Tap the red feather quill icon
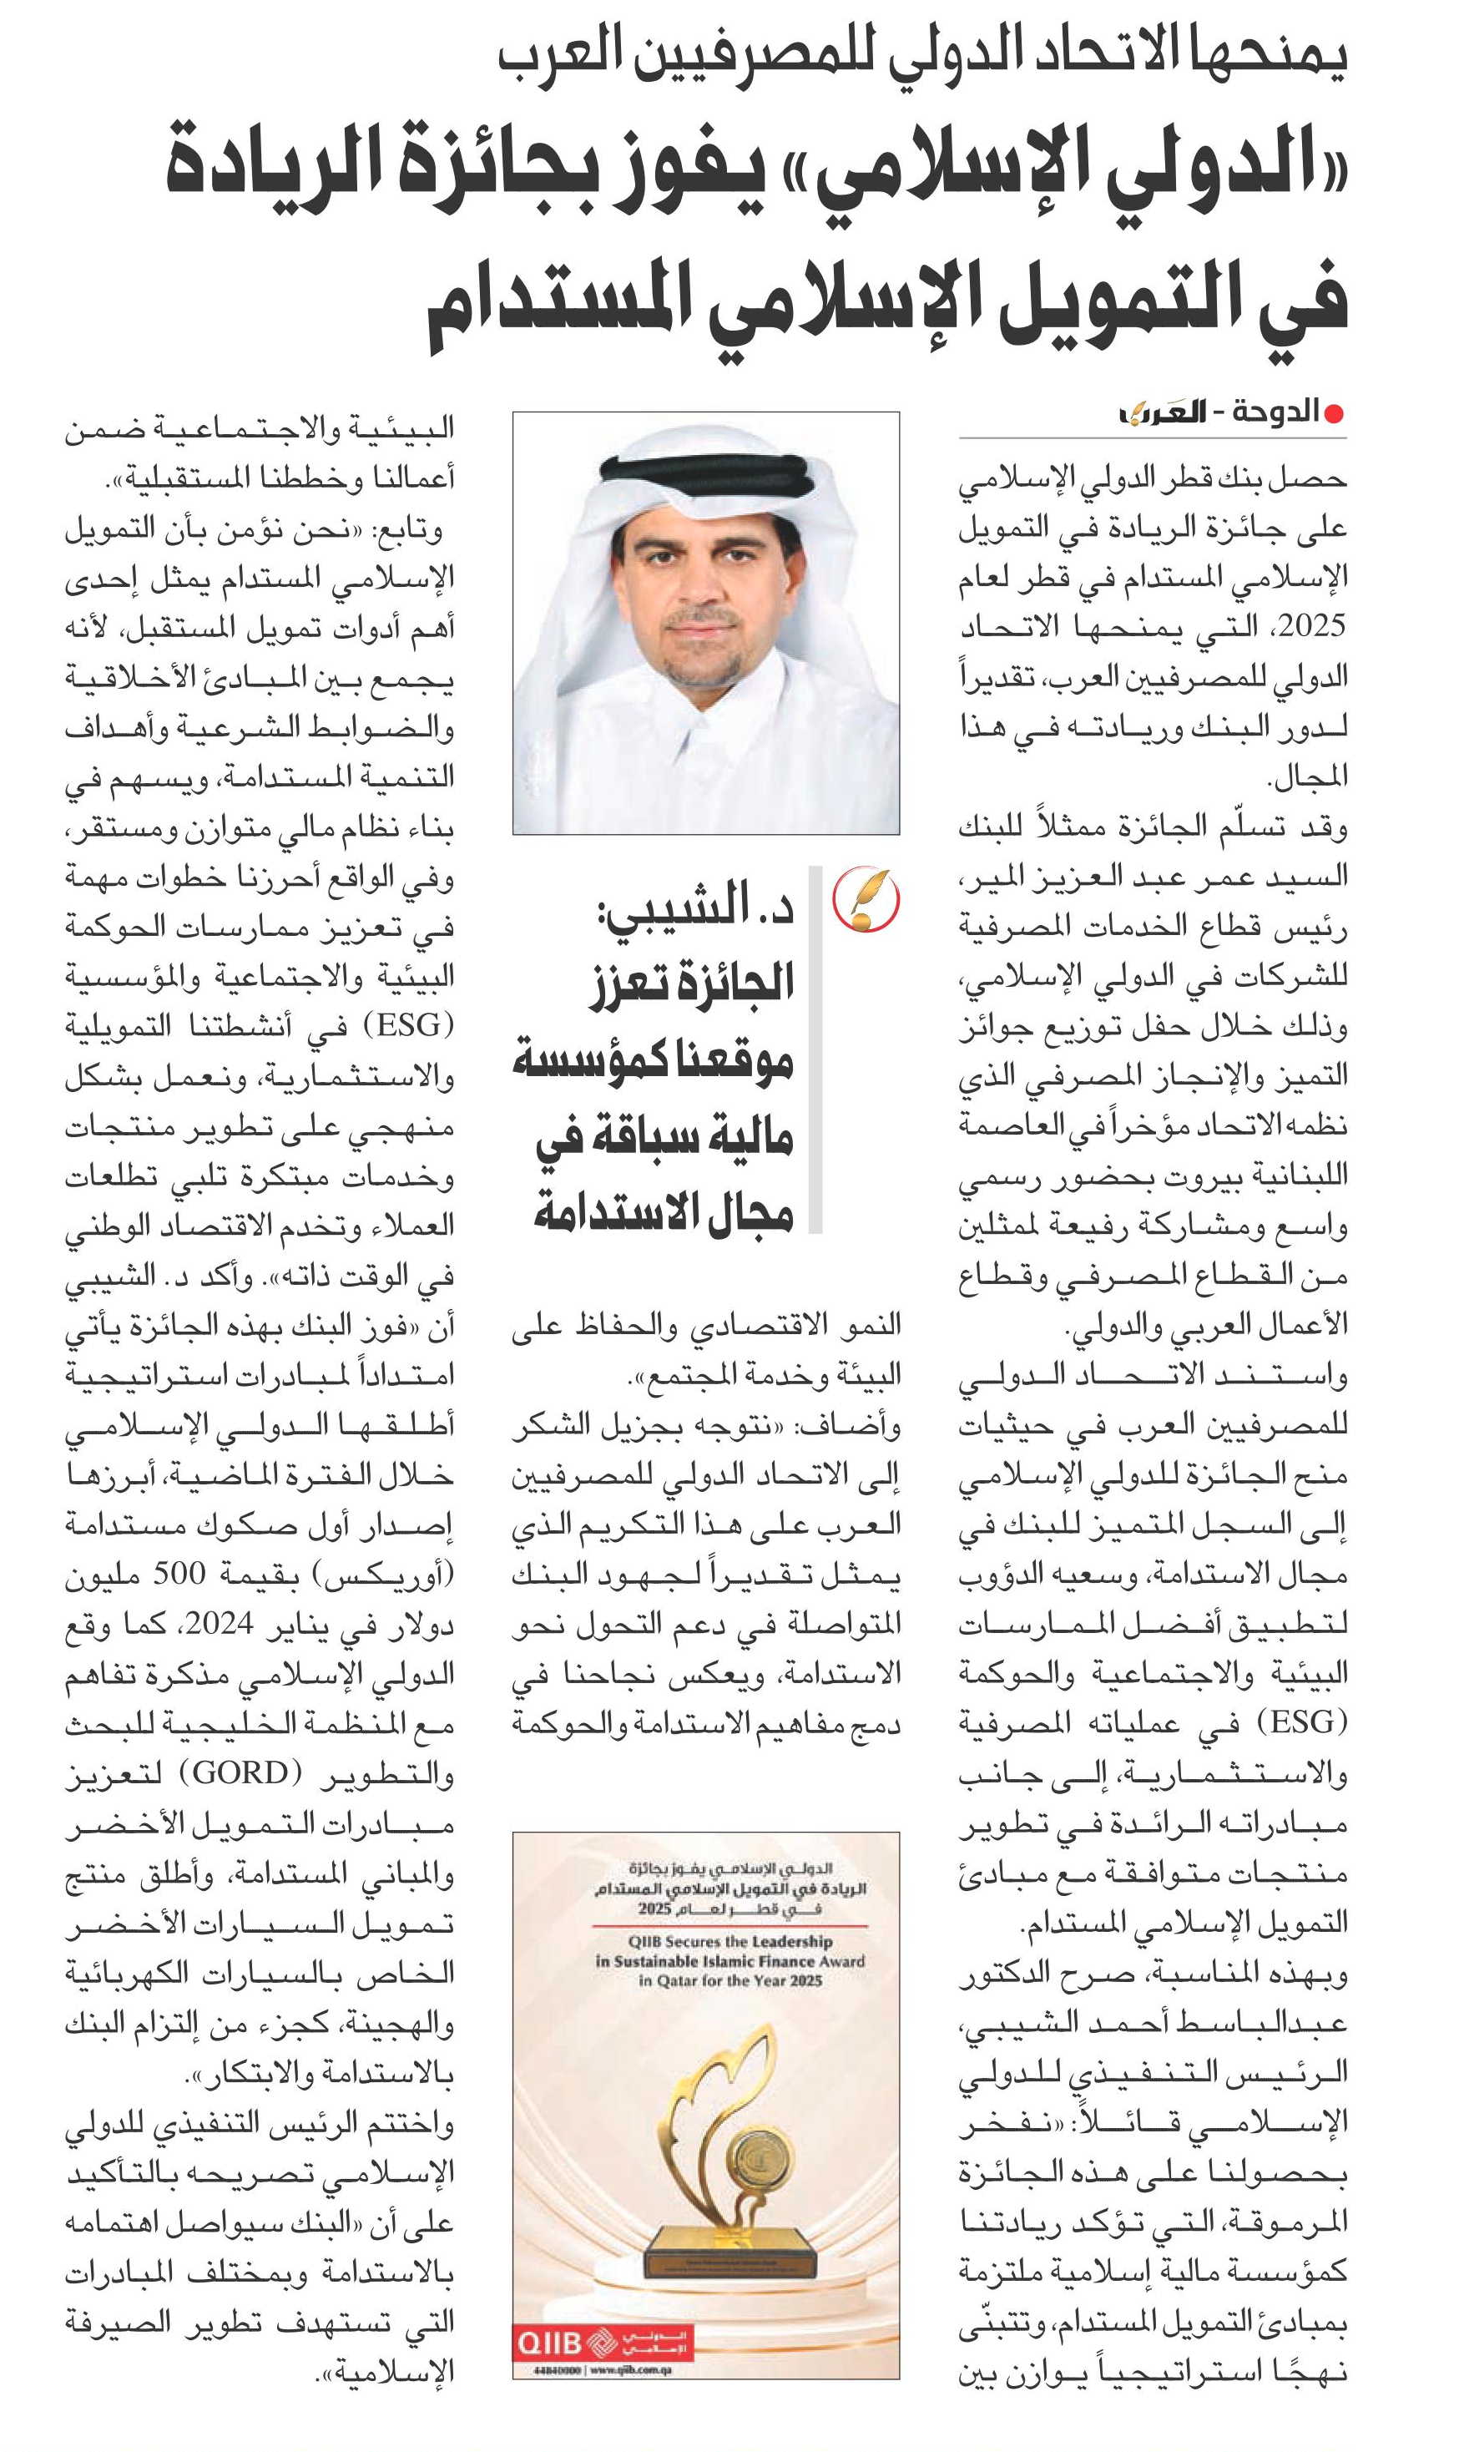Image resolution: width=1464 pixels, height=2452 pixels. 866,899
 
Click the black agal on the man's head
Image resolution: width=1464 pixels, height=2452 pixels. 706,473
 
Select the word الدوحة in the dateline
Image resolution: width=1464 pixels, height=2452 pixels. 1272,412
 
